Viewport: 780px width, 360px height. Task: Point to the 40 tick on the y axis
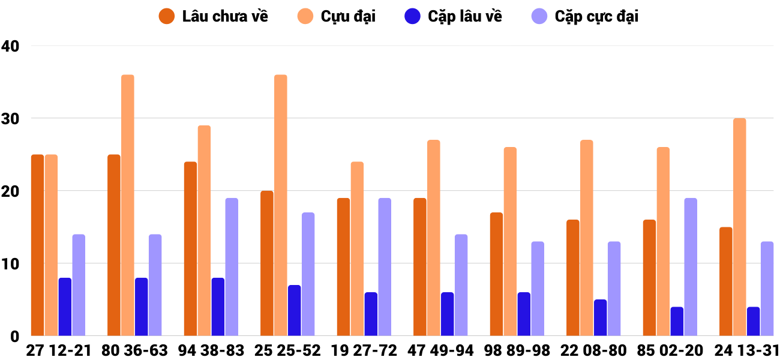[x=11, y=46]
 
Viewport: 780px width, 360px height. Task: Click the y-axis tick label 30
[x=11, y=119]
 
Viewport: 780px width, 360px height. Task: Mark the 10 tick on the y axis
[x=11, y=264]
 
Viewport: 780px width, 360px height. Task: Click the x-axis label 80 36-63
[x=135, y=350]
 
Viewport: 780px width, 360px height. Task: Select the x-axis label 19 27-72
[x=364, y=350]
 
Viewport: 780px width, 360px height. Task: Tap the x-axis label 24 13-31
[x=746, y=350]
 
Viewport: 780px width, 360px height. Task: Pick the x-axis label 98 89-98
[x=517, y=350]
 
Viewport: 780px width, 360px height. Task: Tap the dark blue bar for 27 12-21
[x=65, y=307]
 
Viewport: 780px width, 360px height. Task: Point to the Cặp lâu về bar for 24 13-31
[x=754, y=321]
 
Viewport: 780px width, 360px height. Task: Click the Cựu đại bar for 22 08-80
[x=587, y=238]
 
